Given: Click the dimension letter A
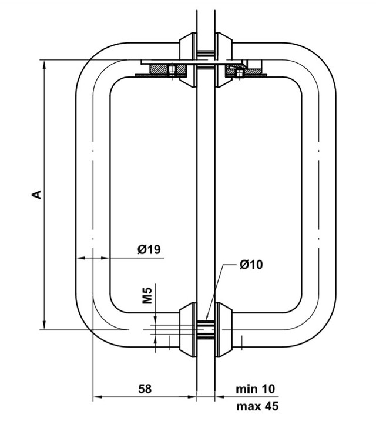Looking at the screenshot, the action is point(36,195).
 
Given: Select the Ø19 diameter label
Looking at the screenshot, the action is point(149,249).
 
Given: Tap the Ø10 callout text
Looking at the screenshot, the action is point(251,265).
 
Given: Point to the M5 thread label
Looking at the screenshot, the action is point(147,295).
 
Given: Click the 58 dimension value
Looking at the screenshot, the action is point(145,389).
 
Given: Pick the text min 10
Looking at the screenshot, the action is point(256,389).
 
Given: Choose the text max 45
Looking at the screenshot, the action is point(257,406).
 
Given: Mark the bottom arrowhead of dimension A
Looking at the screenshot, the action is point(45,325).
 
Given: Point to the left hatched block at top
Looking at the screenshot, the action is point(167,70).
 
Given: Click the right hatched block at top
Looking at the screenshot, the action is point(243,71).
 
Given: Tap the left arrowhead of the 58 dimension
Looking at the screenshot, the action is point(98,396).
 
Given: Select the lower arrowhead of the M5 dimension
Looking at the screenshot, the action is point(155,339).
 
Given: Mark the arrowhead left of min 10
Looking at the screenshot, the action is point(220,396).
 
